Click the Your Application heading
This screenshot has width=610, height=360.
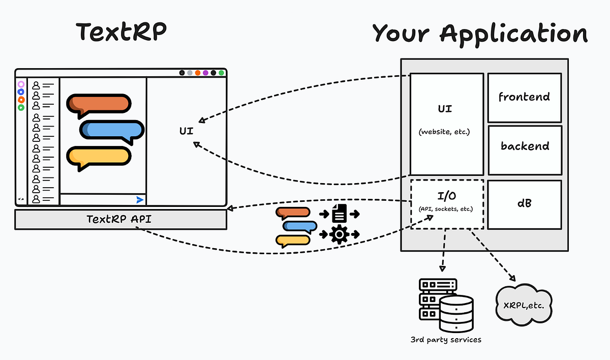(x=480, y=34)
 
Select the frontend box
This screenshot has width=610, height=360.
(x=524, y=97)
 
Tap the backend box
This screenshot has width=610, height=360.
(x=525, y=146)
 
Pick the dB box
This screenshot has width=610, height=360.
(x=524, y=203)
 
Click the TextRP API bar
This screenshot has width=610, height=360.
(x=120, y=219)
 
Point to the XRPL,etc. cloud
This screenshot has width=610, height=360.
(x=523, y=305)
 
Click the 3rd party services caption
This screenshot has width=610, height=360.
(x=445, y=339)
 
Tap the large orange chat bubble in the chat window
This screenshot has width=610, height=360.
(x=98, y=104)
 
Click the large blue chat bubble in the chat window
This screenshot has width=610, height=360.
(x=111, y=130)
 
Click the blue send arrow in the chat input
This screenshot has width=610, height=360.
(x=140, y=200)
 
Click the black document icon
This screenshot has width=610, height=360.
(x=339, y=214)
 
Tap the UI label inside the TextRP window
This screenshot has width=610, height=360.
(x=186, y=131)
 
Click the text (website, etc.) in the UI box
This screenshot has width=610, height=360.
(x=445, y=132)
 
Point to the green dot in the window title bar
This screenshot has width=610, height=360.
(x=221, y=73)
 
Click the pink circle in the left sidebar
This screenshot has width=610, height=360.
(x=21, y=84)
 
